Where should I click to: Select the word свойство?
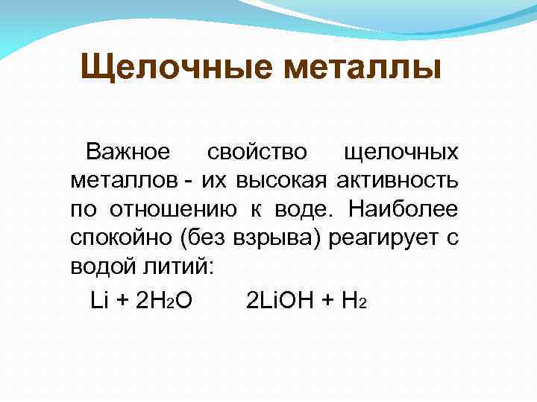point(257,153)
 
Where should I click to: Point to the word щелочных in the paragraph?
point(401,153)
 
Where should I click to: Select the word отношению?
point(178,211)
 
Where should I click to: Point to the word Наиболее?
point(403,211)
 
